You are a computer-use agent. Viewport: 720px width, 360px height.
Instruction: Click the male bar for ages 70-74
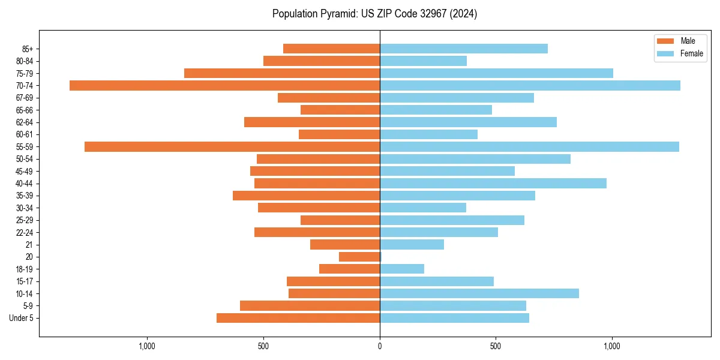pos(225,86)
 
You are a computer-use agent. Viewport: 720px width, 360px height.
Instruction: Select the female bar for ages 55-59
pos(529,147)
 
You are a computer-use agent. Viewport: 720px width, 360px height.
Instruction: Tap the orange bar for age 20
pos(359,257)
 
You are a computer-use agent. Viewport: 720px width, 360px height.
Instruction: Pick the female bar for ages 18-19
pos(402,269)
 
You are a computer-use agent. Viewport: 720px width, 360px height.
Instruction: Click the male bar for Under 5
pos(298,318)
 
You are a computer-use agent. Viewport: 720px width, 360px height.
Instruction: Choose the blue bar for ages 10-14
pos(479,293)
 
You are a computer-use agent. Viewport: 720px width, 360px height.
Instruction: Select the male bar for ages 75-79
pos(282,73)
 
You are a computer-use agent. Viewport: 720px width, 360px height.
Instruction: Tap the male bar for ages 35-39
pos(306,196)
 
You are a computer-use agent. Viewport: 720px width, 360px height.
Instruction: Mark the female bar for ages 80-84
pos(423,61)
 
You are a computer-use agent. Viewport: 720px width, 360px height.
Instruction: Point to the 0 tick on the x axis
pos(380,346)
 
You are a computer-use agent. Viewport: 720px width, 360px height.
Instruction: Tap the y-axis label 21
pos(29,245)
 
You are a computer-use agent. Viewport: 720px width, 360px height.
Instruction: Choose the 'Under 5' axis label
pos(22,318)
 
